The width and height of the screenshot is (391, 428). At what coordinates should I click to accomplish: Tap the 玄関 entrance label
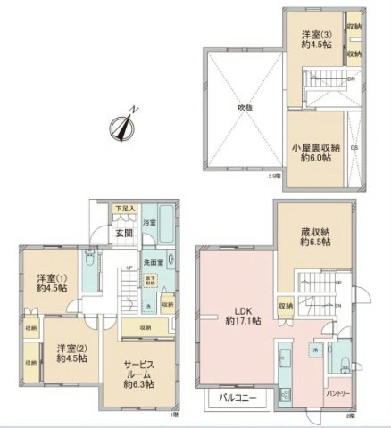[x=123, y=234]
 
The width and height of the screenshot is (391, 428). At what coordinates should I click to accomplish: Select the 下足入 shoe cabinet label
[x=124, y=210]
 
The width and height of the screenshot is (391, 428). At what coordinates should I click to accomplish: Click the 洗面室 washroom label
[x=154, y=263]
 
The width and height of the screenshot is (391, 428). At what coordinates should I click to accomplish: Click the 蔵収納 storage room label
[x=314, y=234]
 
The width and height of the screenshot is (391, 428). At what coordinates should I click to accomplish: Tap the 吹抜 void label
[x=243, y=108]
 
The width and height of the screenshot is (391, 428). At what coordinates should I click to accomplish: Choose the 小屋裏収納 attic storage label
[x=316, y=152]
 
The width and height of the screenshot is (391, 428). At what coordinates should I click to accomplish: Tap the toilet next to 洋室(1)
[x=90, y=264]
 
